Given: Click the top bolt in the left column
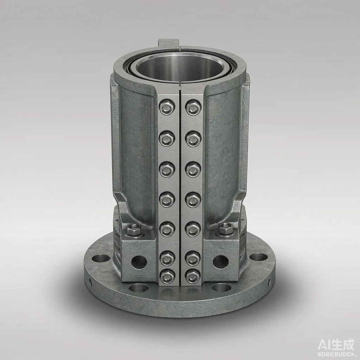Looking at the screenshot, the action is [x=167, y=107].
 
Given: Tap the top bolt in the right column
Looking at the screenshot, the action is [x=193, y=107].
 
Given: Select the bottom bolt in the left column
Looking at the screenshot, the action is [x=167, y=276].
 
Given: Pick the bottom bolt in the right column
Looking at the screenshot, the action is [x=193, y=276].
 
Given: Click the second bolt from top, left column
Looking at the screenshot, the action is [x=167, y=139].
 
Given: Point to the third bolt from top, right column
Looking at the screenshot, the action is [x=193, y=169].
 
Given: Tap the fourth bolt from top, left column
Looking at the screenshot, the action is [x=167, y=199].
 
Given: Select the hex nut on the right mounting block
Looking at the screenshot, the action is [x=226, y=229].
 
